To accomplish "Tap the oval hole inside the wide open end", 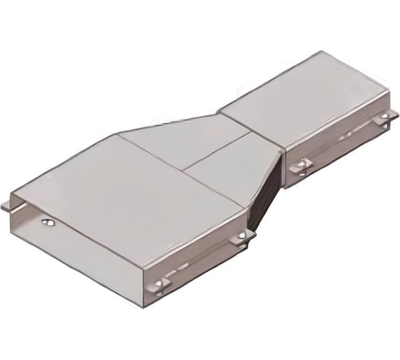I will [x=49, y=223].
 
